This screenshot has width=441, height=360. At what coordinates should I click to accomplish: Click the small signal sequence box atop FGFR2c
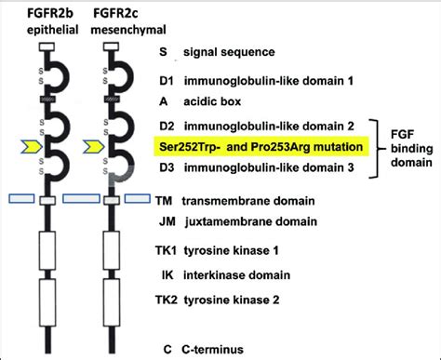(x=115, y=46)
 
